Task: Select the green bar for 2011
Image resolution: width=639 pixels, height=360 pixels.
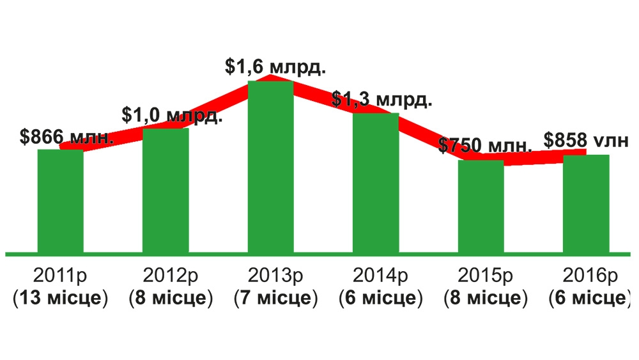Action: click(x=61, y=201)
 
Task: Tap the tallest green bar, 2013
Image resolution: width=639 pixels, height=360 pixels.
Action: click(x=270, y=166)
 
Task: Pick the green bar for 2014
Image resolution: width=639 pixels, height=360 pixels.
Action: click(x=376, y=183)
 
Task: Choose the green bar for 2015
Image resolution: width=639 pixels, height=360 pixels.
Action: click(x=481, y=206)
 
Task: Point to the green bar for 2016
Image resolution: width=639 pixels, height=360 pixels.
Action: click(x=585, y=203)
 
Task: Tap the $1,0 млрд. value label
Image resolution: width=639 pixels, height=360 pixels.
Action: click(x=172, y=116)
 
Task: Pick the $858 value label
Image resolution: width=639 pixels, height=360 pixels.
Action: click(x=586, y=139)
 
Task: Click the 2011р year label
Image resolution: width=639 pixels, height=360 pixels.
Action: click(x=61, y=276)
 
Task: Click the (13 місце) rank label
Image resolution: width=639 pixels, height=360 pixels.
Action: click(x=61, y=298)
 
